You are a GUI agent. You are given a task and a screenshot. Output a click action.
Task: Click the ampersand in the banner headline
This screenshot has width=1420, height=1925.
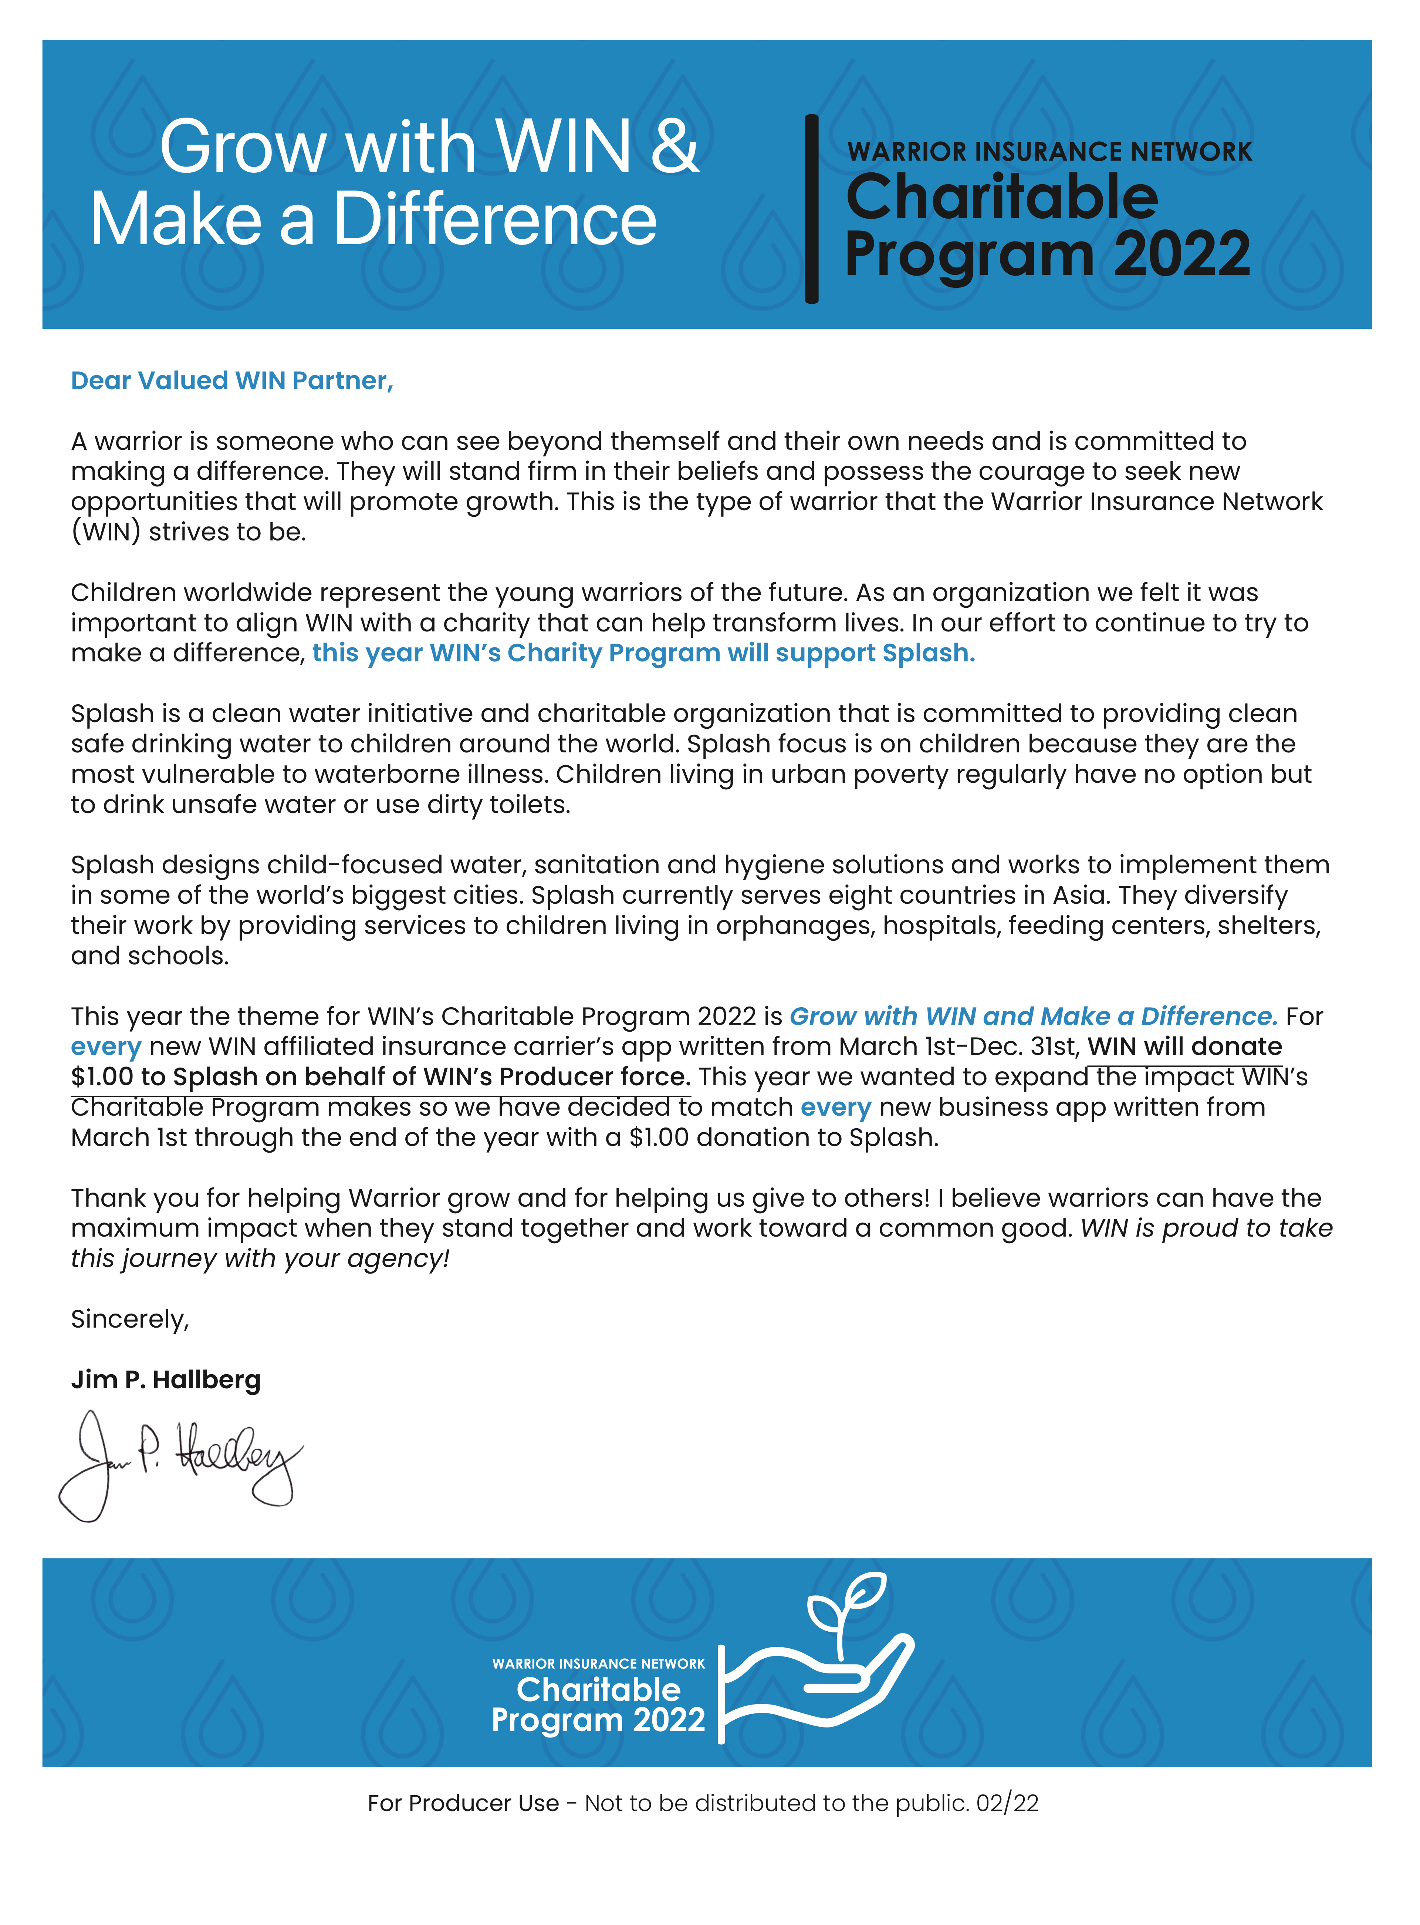tap(675, 147)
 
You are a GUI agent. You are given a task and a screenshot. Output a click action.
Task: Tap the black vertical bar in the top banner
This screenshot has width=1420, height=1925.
tap(811, 209)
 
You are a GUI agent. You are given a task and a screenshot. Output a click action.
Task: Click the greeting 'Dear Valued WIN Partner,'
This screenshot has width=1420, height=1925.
tap(232, 381)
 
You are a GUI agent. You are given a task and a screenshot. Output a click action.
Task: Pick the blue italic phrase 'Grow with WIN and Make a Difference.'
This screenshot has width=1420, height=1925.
tap(1033, 1017)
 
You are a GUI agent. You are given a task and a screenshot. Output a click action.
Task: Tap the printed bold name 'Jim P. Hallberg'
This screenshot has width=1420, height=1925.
tap(166, 1380)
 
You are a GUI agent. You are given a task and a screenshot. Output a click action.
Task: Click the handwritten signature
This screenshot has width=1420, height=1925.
tap(180, 1462)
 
